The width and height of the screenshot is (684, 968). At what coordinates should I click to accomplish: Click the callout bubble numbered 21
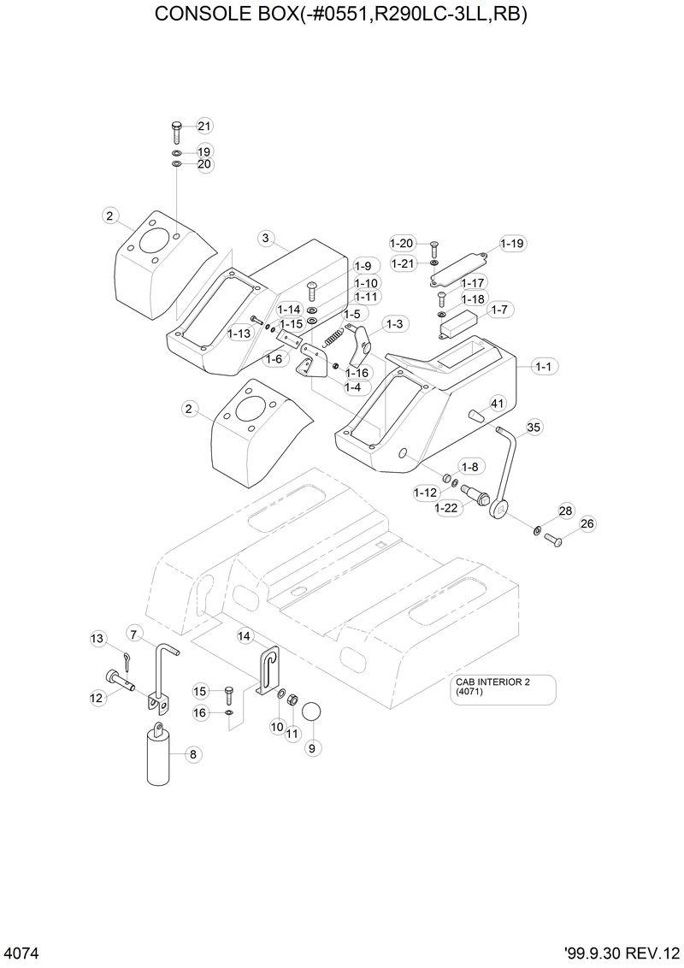[x=203, y=127]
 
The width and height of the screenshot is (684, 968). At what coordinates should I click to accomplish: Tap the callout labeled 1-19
[x=511, y=244]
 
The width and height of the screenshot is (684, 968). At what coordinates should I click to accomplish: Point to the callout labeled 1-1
[x=544, y=366]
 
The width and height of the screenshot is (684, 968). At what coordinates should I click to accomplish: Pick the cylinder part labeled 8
[x=159, y=753]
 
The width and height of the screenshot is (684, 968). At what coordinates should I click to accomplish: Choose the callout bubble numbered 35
[x=534, y=426]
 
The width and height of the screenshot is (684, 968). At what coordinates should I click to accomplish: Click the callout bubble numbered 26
[x=587, y=523]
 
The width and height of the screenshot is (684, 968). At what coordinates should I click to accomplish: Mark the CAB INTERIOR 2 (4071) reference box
[x=504, y=689]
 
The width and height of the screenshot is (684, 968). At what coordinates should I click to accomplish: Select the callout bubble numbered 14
[x=245, y=635]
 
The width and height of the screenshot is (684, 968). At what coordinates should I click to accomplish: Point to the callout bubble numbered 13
[x=97, y=638]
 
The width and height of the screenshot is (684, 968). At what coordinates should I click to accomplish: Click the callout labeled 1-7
[x=499, y=309]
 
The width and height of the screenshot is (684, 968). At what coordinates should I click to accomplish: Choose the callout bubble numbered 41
[x=497, y=403]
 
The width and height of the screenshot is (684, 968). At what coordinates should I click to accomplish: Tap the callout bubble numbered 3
[x=266, y=238]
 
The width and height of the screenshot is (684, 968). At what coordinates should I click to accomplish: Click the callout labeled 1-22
[x=446, y=508]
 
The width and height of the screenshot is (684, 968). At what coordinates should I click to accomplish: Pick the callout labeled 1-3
[x=395, y=324]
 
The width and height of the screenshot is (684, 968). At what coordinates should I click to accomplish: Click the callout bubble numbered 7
[x=134, y=633]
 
